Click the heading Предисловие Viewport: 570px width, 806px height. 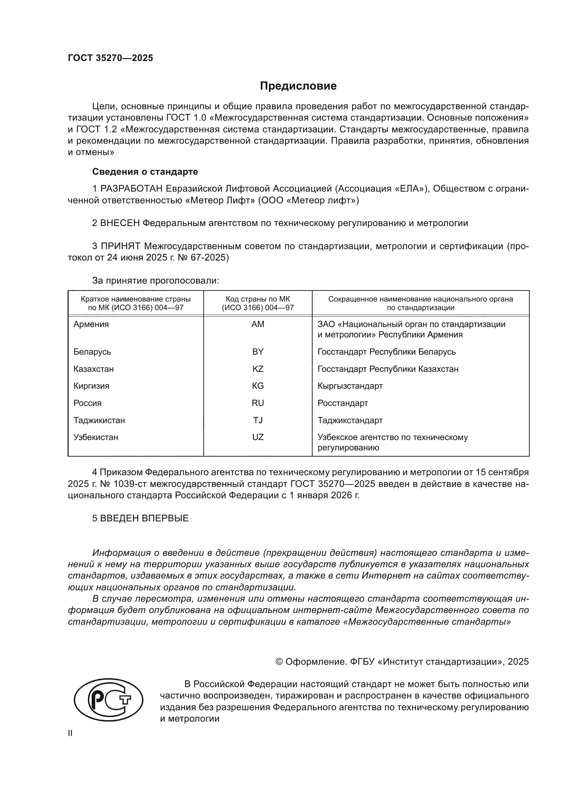coord(298,86)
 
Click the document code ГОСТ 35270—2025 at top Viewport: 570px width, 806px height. coord(110,58)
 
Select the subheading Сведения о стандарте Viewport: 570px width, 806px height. coord(145,172)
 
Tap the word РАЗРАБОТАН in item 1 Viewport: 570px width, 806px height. coord(131,189)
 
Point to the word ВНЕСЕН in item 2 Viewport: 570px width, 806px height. coord(120,223)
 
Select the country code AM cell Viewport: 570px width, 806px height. coord(258,324)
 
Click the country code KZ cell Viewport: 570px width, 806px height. coord(258,369)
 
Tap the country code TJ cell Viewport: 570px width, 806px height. coord(258,420)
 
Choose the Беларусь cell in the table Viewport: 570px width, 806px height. coord(92,352)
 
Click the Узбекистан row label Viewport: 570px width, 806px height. coord(96,437)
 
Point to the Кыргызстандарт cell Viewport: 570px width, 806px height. coord(350,386)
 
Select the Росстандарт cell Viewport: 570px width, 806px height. coord(343,404)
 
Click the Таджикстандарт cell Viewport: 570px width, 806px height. coord(350,420)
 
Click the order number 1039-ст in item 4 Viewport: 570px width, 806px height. coord(129,484)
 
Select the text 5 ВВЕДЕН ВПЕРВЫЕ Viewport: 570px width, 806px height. coord(140,519)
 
